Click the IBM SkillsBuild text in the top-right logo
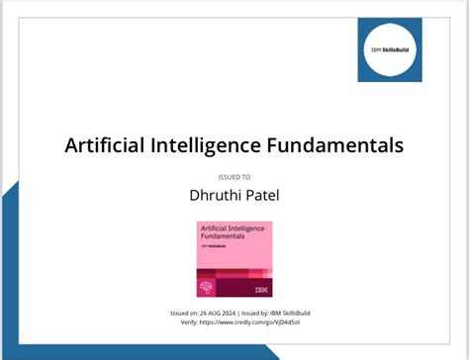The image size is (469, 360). [x=389, y=49]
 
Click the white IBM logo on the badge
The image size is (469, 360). [x=260, y=290]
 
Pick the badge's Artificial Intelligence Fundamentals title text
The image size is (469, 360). [x=229, y=233]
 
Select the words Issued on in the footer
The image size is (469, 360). [x=185, y=313]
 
